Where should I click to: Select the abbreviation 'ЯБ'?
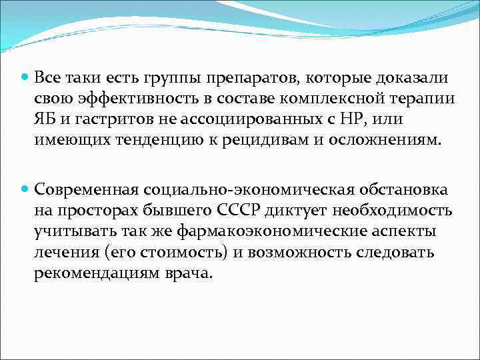point(46,119)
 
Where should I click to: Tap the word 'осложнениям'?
point(386,140)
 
